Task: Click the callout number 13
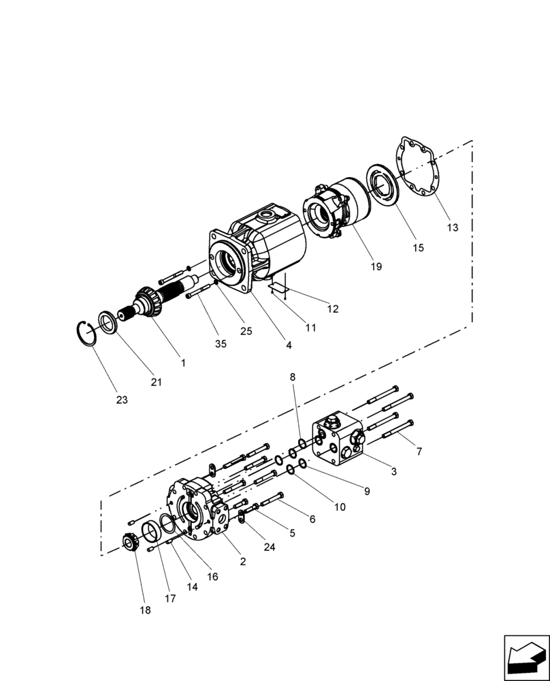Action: pos(453,227)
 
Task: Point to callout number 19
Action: pos(376,267)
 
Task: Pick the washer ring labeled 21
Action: pos(108,321)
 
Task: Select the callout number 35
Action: pos(221,345)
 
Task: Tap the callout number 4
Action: pos(289,345)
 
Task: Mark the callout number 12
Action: pos(332,308)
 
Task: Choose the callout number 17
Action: pos(170,599)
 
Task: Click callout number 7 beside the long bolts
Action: pos(419,452)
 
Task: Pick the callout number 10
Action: pos(339,507)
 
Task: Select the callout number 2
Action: pos(242,562)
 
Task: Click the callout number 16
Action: pos(212,576)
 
